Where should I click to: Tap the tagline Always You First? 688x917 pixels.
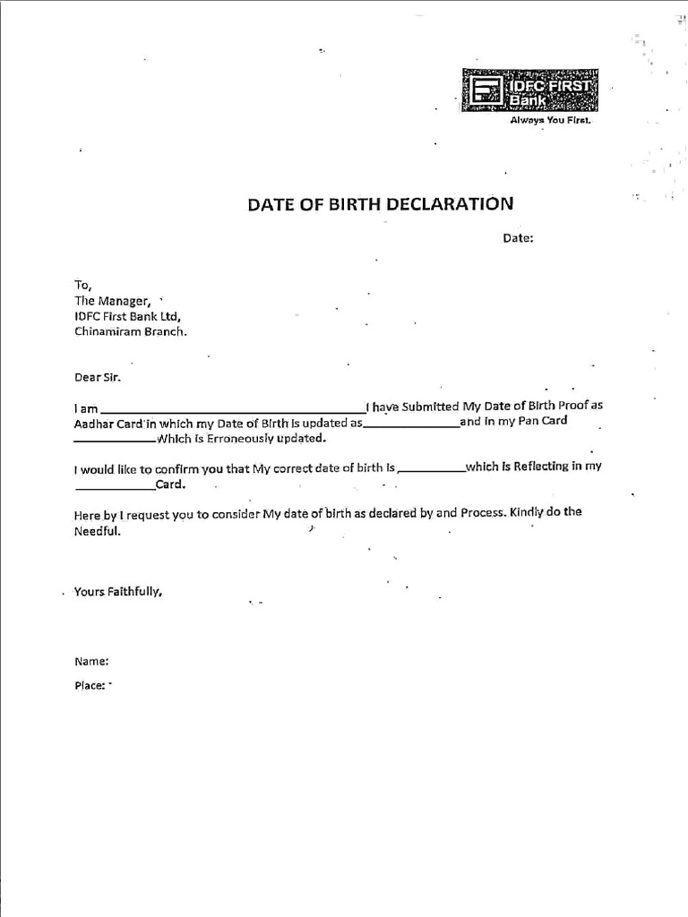(x=550, y=120)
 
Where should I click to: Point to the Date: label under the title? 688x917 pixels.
(x=518, y=238)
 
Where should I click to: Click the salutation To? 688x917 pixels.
(x=83, y=284)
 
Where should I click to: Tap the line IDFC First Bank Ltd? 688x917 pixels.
(x=127, y=316)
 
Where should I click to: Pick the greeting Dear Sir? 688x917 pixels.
(x=97, y=377)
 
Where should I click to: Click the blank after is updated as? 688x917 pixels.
(x=411, y=425)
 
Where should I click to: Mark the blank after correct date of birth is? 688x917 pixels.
(x=431, y=470)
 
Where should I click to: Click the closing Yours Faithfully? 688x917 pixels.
(x=118, y=592)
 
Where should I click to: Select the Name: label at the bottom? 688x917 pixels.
(x=91, y=662)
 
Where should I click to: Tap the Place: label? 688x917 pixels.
(x=90, y=686)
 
